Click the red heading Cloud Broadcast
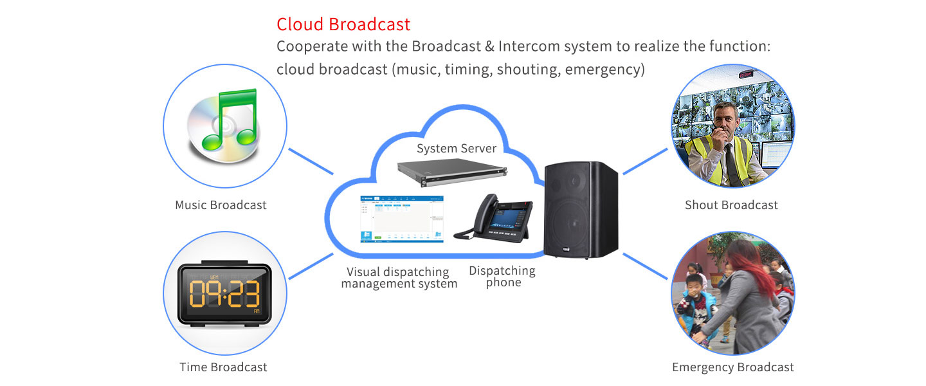[343, 24]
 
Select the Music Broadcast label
[221, 205]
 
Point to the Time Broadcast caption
[223, 367]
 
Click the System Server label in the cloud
[457, 149]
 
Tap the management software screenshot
[402, 219]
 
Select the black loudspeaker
[581, 209]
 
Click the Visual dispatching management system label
[399, 278]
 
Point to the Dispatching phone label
[502, 277]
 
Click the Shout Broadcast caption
[731, 205]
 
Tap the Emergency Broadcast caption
[732, 367]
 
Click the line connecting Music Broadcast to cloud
[311, 161]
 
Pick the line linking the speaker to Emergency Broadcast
[646, 266]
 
